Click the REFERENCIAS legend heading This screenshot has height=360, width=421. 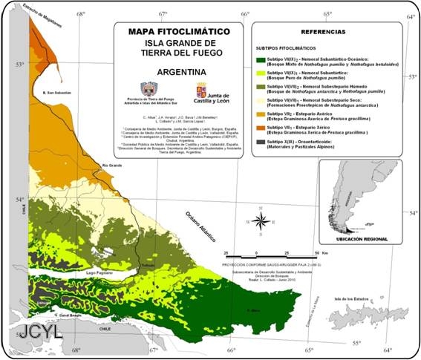tap(323, 33)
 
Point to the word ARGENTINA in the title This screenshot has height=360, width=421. tap(173, 73)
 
